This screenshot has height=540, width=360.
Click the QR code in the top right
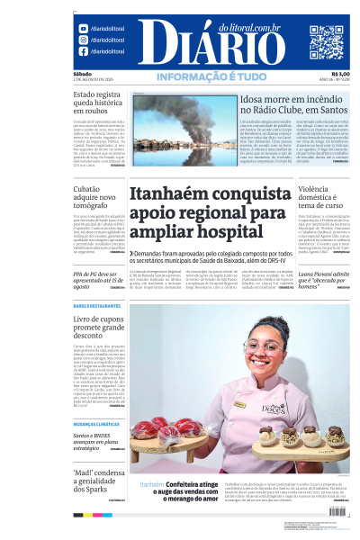327,42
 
